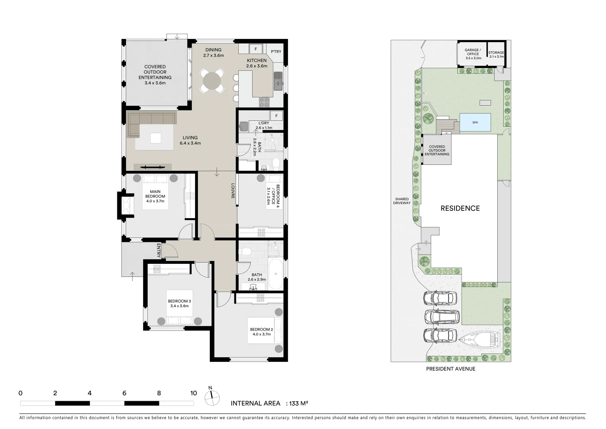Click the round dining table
[212, 81]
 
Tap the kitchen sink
[278, 81]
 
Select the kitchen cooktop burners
[264, 102]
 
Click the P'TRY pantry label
[276, 52]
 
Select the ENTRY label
[159, 250]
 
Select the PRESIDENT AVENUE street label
[451, 369]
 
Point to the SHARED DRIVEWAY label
[402, 201]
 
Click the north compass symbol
[212, 396]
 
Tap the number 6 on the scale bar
[124, 393]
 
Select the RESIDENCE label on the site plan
[460, 208]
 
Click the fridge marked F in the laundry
[276, 116]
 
